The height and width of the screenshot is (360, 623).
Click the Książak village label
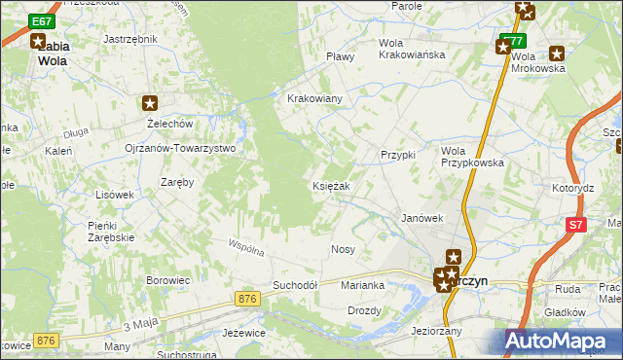[339, 186]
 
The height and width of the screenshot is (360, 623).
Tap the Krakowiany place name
[313, 99]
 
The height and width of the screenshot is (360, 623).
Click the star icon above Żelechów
[150, 103]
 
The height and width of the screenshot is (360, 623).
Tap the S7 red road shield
[578, 225]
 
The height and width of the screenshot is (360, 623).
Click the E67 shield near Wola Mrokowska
[513, 42]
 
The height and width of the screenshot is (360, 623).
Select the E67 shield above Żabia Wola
[41, 20]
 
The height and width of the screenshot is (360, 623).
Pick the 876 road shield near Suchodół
[247, 299]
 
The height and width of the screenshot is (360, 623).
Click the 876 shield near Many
[45, 340]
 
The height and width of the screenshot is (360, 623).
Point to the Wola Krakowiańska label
[412, 49]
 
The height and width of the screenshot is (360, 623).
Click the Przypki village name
[398, 155]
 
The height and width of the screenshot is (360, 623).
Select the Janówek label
[422, 219]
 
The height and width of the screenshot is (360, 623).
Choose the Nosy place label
[343, 250]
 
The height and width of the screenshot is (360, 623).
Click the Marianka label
[362, 285]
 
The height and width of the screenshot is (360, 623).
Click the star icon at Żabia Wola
[38, 42]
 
